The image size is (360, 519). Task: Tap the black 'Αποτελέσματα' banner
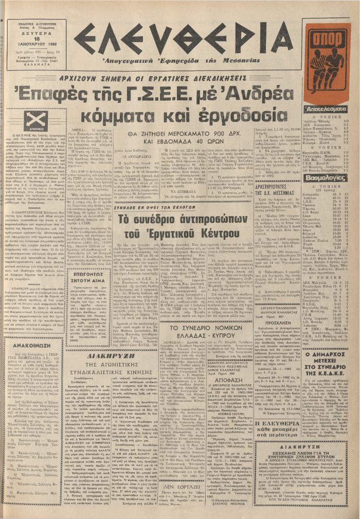click(327, 110)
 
